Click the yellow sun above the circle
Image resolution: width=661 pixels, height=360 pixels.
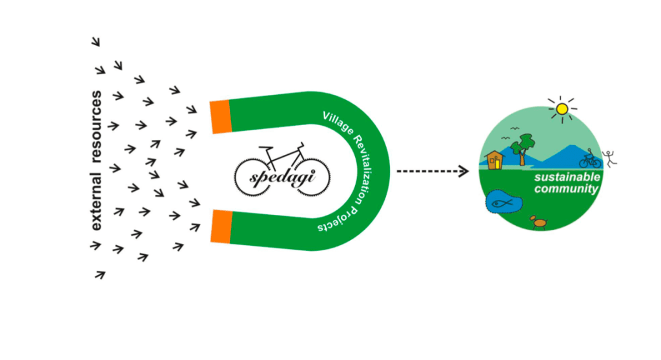click(562, 109)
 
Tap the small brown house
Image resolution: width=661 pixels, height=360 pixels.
click(494, 160)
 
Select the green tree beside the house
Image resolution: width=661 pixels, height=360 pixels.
click(523, 148)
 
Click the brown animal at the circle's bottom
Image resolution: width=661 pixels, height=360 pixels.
click(539, 222)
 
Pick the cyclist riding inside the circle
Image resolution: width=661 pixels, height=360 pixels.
click(590, 159)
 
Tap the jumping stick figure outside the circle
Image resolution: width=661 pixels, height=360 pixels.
click(609, 159)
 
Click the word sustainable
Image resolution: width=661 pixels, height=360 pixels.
click(567, 177)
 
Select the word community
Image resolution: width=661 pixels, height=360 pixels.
click(566, 188)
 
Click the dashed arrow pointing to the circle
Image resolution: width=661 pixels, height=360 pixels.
click(432, 171)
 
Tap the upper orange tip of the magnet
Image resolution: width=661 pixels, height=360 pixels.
click(221, 117)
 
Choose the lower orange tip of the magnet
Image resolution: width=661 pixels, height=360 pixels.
click(221, 226)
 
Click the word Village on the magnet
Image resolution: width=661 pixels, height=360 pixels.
click(337, 123)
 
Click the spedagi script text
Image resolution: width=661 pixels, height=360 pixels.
click(282, 177)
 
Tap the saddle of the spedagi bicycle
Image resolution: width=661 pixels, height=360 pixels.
click(265, 148)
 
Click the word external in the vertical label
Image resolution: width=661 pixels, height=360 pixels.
click(96, 202)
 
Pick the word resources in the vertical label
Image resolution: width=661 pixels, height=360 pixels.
click(96, 127)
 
